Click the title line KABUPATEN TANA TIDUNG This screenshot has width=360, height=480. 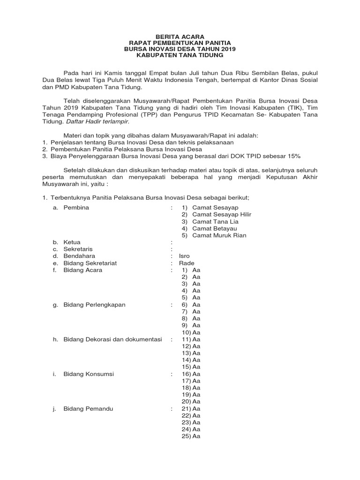coord(180,56)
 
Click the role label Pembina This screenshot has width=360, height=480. coord(76,207)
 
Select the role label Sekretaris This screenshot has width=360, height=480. coord(77,249)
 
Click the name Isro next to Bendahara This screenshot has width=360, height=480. coord(185,256)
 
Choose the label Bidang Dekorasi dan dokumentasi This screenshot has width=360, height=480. coord(112,339)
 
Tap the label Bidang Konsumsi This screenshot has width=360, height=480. coord(89,374)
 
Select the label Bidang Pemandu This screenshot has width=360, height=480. coord(88,409)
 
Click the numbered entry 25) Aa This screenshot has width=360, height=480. coord(191,436)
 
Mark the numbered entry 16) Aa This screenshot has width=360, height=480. coord(191,374)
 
